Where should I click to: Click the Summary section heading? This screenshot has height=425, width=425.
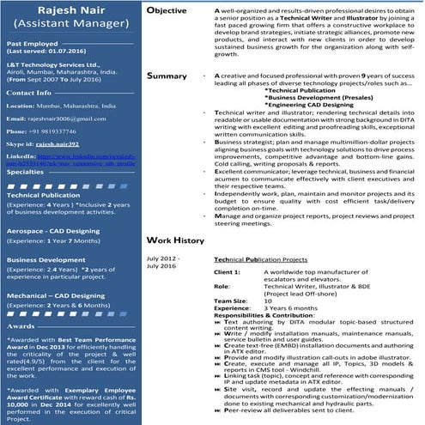pos(167,76)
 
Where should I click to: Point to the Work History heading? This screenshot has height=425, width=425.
pos(174,240)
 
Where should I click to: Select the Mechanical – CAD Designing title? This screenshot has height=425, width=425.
pos(56,294)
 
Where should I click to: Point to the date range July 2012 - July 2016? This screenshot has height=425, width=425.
pos(163,261)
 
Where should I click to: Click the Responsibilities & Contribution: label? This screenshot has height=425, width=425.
pos(265,315)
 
